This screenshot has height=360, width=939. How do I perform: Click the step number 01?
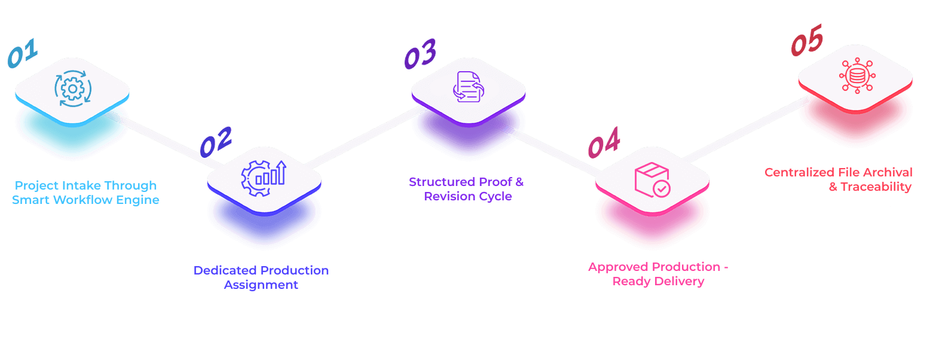(23, 54)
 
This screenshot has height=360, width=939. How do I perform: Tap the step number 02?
(215, 142)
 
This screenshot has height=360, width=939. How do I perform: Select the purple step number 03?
(420, 54)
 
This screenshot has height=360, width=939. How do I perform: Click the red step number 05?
(807, 41)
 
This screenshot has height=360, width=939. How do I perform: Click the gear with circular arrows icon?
(72, 90)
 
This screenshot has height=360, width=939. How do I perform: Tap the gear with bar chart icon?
(264, 178)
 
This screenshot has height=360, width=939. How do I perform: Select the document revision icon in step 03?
(468, 87)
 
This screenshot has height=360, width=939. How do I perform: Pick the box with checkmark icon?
(652, 180)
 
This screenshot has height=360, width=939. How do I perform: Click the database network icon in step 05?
(856, 76)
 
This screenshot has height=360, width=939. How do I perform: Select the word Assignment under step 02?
(261, 285)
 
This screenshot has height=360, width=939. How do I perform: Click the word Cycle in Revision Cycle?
(496, 196)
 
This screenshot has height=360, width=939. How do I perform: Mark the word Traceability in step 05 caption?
(876, 187)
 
